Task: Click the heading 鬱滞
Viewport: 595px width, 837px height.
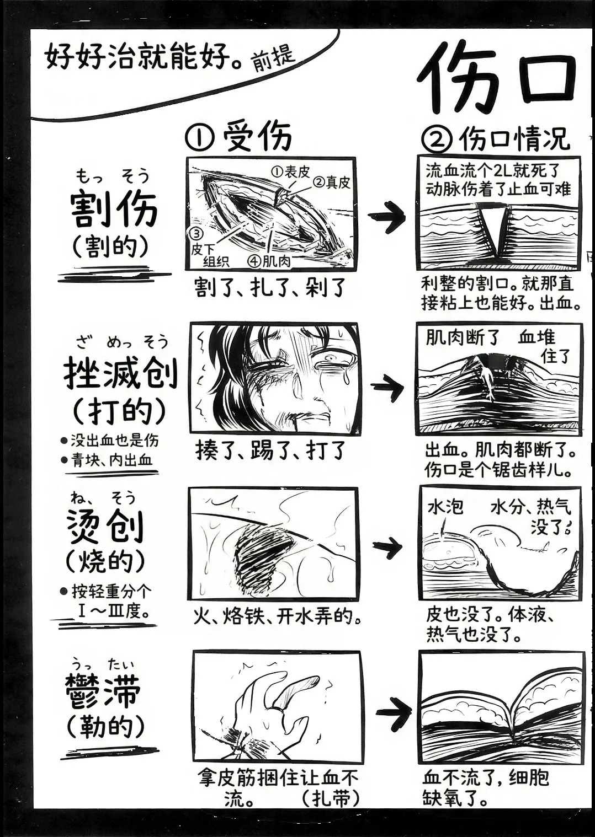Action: [x=103, y=690]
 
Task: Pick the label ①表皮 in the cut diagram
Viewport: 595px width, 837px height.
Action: [x=291, y=172]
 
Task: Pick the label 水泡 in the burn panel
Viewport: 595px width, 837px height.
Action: [x=445, y=507]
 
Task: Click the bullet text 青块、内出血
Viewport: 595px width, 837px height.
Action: [x=112, y=460]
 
